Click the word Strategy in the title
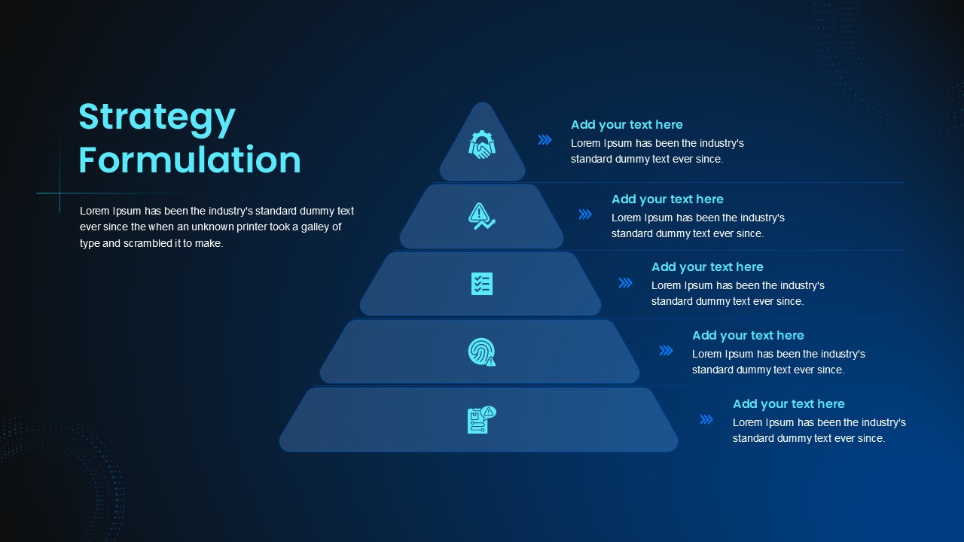pyautogui.click(x=157, y=119)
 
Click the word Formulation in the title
pyautogui.click(x=190, y=160)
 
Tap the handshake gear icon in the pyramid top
pyautogui.click(x=482, y=145)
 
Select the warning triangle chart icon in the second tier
pyautogui.click(x=481, y=216)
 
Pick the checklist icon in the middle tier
pyautogui.click(x=482, y=284)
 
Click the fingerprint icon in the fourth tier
pyautogui.click(x=482, y=352)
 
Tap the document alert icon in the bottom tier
pyautogui.click(x=482, y=420)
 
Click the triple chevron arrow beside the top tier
pyautogui.click(x=545, y=140)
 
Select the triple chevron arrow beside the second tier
pyautogui.click(x=585, y=215)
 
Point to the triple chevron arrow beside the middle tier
pyautogui.click(x=626, y=282)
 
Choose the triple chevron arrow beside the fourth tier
pyautogui.click(x=667, y=351)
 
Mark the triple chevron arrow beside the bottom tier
pyautogui.click(x=706, y=419)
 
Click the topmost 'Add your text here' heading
pyautogui.click(x=627, y=125)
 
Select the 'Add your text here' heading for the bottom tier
pyautogui.click(x=789, y=404)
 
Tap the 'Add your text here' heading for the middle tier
pyautogui.click(x=707, y=267)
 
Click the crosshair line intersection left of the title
pyautogui.click(x=59, y=193)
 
